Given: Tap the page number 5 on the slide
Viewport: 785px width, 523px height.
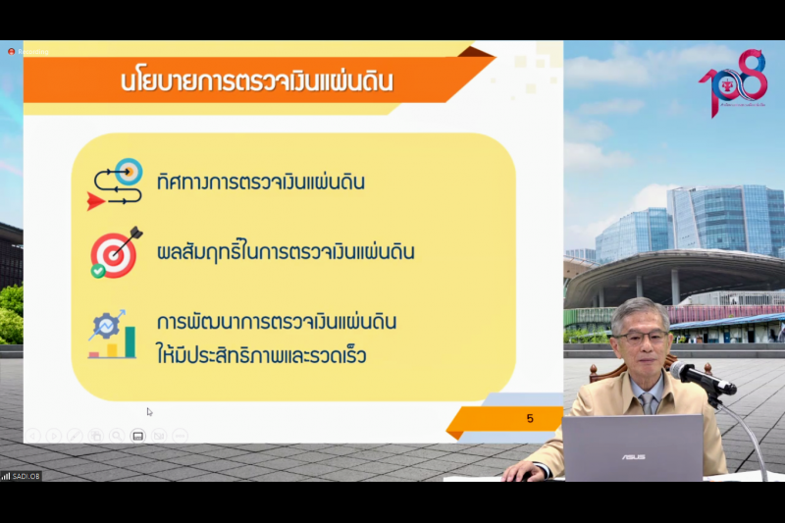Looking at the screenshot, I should click(x=530, y=419).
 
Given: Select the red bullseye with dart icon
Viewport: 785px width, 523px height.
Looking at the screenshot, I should click(x=115, y=253).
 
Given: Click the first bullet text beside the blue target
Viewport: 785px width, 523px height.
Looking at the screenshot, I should click(x=260, y=182).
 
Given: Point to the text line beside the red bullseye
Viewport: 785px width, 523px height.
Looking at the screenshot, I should click(x=286, y=252).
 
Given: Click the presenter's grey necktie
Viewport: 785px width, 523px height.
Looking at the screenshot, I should click(x=649, y=400).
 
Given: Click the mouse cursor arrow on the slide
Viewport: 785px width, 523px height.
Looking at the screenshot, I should click(x=149, y=411).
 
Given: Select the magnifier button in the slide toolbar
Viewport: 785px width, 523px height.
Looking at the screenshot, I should click(x=116, y=435).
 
